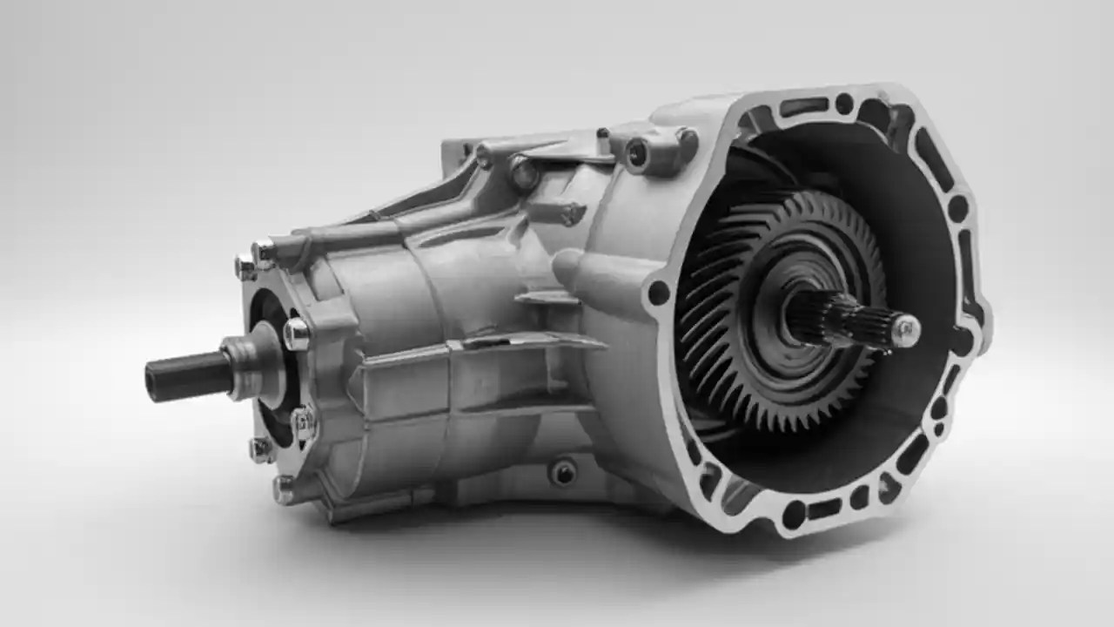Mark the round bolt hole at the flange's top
[x=843, y=103]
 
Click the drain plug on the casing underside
[x=563, y=472]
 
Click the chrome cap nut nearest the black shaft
[x=295, y=334]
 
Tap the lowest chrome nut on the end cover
[x=284, y=488]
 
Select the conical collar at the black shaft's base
[x=244, y=366]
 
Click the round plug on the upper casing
[x=523, y=174]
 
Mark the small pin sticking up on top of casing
[x=601, y=133]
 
